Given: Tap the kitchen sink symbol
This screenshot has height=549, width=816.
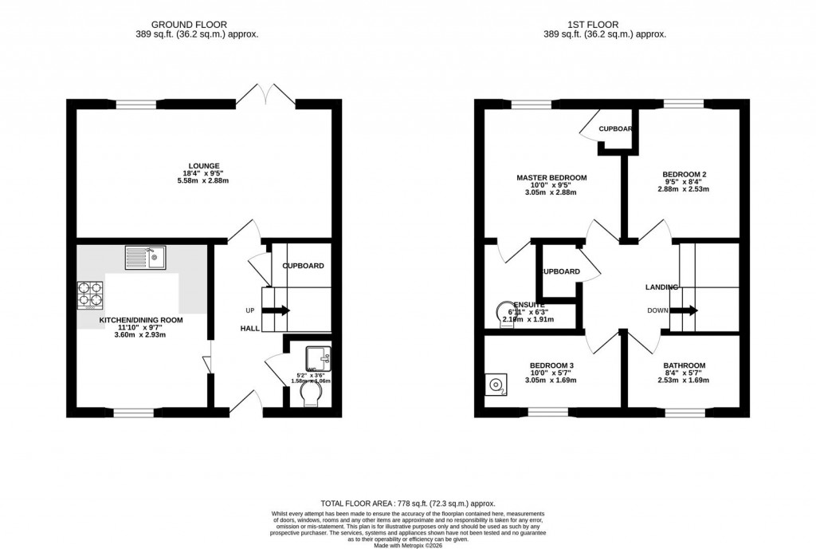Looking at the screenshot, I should (144, 258).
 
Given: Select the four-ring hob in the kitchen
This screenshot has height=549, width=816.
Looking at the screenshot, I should (91, 295).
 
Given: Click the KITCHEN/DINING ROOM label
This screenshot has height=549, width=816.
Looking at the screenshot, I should (140, 320).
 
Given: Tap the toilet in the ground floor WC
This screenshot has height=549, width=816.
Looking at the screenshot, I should (309, 393).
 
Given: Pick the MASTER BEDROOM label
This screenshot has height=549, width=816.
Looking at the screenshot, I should (551, 178).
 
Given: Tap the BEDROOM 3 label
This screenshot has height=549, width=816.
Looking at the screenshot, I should (551, 365).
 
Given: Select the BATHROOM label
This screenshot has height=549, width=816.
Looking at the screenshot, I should (685, 365).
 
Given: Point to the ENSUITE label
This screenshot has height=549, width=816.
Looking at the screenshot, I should (528, 305).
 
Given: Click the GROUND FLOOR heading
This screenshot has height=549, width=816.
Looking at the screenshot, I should (199, 25).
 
